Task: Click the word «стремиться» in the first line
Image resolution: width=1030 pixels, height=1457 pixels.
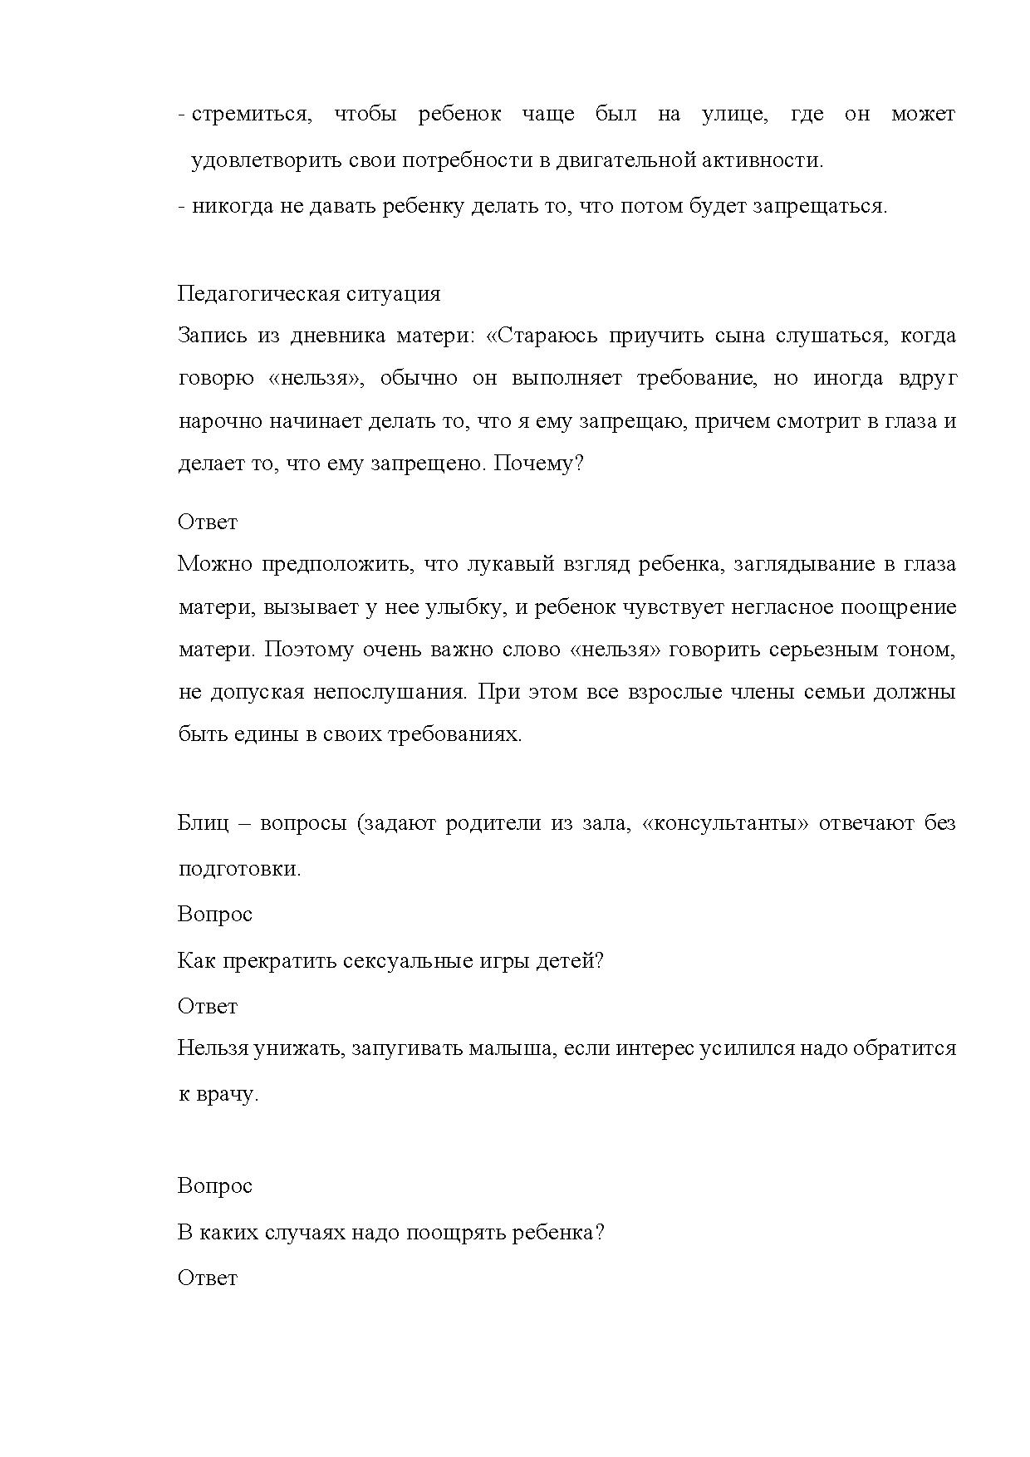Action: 250,114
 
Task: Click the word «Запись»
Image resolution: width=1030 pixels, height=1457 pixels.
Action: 213,336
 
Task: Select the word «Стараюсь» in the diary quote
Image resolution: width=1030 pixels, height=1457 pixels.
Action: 543,336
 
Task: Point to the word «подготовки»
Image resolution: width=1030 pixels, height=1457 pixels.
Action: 238,869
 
